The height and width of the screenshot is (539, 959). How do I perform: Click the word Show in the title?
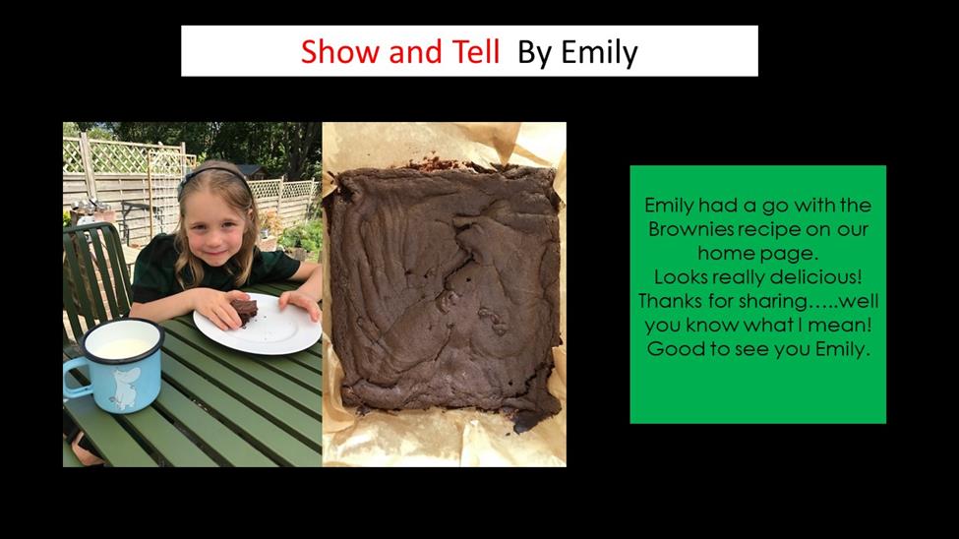340,51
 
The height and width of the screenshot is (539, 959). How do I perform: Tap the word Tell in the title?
476,51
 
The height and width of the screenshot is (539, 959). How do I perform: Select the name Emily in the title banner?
599,53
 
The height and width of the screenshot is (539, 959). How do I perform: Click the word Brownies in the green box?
690,229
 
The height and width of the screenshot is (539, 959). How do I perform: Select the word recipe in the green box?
770,230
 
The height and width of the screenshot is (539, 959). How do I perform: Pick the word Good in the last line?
669,349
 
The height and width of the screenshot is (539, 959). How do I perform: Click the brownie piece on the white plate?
243,310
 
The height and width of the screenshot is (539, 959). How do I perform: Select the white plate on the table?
258,324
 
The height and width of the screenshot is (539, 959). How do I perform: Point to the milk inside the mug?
124,347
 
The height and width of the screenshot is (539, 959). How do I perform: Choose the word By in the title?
534,53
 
